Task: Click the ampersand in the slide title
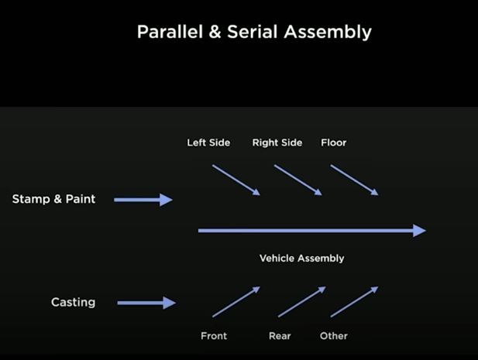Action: [208, 33]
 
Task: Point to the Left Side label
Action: [208, 142]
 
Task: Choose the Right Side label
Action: [277, 142]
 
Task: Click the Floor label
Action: [333, 142]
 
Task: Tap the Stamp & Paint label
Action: [53, 199]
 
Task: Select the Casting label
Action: [73, 302]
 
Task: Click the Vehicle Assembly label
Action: [301, 258]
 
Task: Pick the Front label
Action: [214, 336]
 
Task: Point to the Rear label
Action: [280, 336]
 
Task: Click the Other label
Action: [333, 336]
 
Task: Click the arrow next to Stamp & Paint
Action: [143, 200]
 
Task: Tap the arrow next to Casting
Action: [146, 303]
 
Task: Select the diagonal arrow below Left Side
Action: [236, 180]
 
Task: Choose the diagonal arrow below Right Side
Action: [297, 180]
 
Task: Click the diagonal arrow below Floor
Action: [355, 180]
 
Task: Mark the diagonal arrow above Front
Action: [236, 302]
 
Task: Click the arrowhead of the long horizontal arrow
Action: [419, 230]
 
